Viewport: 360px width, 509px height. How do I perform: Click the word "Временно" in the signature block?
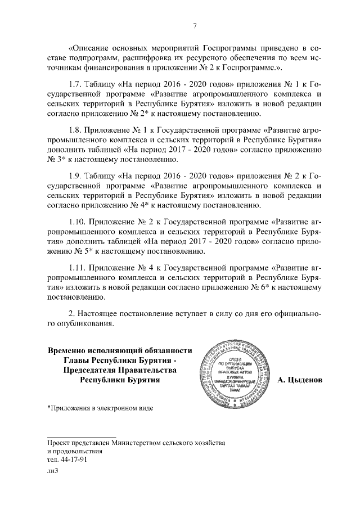(x=71, y=349)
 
